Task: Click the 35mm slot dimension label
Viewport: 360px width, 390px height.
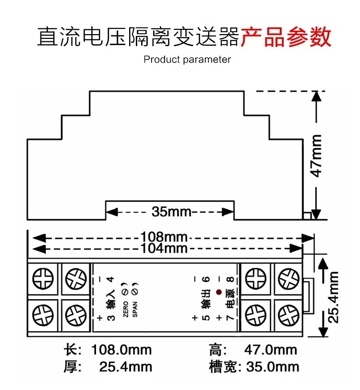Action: pyautogui.click(x=171, y=211)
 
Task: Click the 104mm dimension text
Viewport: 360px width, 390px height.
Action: pyautogui.click(x=165, y=248)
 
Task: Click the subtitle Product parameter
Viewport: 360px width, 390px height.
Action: pyautogui.click(x=187, y=60)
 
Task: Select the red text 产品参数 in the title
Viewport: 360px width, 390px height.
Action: pyautogui.click(x=286, y=37)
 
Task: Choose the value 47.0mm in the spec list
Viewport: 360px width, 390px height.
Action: pyautogui.click(x=271, y=350)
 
